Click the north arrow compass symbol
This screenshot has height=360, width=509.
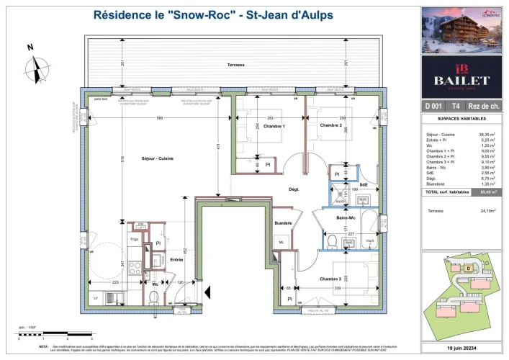click(33, 69)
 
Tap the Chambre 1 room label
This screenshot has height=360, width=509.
click(254, 127)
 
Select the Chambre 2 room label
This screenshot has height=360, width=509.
click(330, 125)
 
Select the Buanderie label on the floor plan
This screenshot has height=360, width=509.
click(283, 223)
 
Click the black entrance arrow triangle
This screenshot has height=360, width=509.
click(207, 292)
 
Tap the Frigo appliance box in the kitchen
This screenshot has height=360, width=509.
click(134, 238)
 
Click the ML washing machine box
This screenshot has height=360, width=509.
click(281, 242)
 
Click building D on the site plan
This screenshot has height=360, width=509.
click(469, 269)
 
